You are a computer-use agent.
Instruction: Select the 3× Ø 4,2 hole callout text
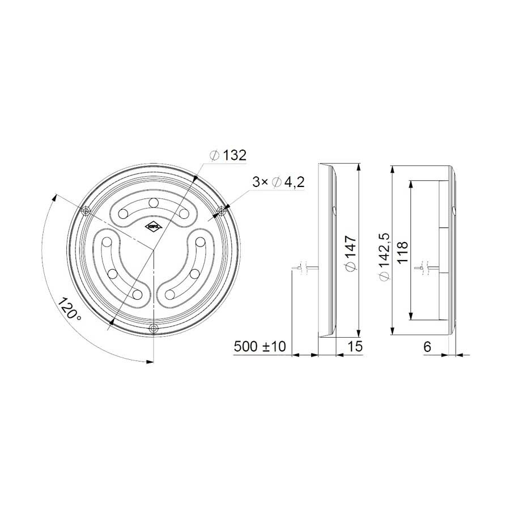click(279, 182)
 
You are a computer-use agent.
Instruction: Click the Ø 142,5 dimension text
click(384, 257)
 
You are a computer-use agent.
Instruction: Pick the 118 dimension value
click(402, 250)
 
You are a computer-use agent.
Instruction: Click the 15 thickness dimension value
click(354, 346)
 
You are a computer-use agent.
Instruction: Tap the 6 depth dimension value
click(428, 346)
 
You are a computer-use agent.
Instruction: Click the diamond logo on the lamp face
click(154, 226)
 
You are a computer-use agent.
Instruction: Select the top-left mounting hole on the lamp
click(86, 211)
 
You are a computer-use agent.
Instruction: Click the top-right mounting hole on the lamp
click(222, 211)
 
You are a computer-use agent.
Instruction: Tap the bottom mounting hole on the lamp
click(154, 329)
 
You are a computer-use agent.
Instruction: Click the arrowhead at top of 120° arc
click(56, 197)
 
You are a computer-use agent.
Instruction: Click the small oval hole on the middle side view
click(334, 211)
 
